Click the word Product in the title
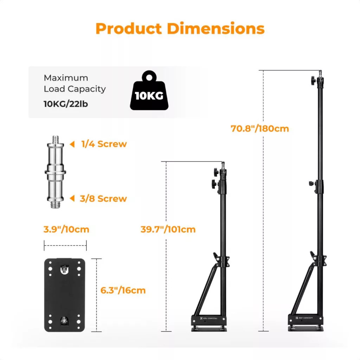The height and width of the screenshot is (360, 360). tap(129, 28)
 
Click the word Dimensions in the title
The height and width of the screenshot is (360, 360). tap(216, 28)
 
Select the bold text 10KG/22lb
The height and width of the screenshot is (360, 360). tap(66, 104)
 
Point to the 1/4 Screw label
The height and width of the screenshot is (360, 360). tap(104, 144)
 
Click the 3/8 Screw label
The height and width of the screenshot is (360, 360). tap(103, 199)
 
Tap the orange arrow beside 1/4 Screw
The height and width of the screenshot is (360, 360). tap(72, 144)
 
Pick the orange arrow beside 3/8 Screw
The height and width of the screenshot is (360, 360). tap(72, 198)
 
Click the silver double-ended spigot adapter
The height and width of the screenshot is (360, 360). tap(55, 172)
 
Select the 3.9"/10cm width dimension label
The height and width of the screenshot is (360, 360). tap(66, 229)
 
